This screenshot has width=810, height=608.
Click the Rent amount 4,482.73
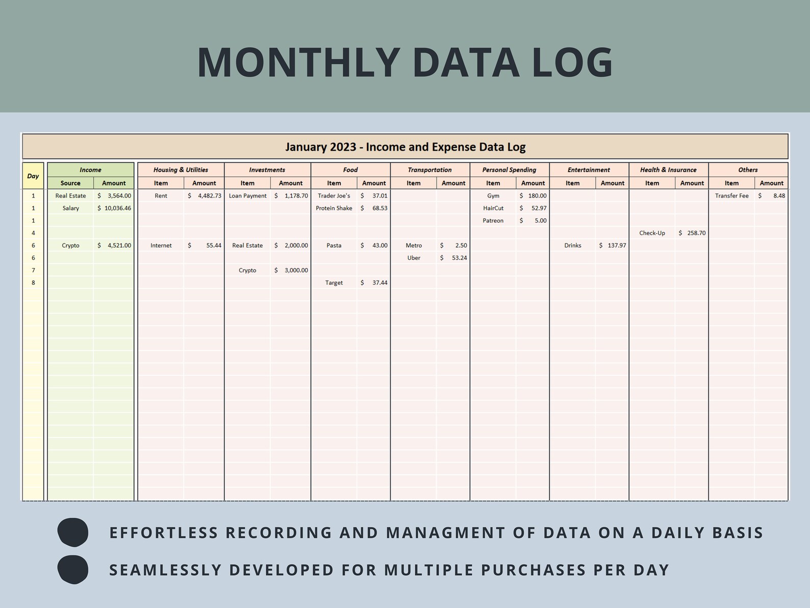[x=205, y=196]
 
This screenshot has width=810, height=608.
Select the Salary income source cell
[x=70, y=208]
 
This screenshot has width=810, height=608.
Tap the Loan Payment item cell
[x=247, y=196]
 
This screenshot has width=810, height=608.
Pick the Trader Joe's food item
[x=334, y=196]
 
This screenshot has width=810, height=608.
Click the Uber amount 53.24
[x=454, y=258]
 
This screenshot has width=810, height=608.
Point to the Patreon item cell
[x=493, y=221]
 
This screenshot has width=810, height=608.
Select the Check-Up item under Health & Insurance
[x=652, y=233]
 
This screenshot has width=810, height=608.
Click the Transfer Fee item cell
[x=731, y=196]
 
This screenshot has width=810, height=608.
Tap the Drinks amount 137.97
[x=613, y=246]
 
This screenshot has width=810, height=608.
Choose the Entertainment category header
[x=589, y=170]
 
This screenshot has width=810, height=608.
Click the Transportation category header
[x=429, y=170]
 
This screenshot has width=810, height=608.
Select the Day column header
[x=33, y=176]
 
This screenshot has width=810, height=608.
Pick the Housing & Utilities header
[x=181, y=170]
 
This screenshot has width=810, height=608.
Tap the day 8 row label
[x=33, y=283]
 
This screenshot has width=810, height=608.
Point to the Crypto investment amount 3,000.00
[x=291, y=271]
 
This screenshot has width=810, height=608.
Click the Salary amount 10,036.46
[x=114, y=208]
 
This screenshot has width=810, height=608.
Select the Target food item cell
[x=334, y=283]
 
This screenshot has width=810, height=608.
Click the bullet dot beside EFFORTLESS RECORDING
[x=73, y=532]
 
